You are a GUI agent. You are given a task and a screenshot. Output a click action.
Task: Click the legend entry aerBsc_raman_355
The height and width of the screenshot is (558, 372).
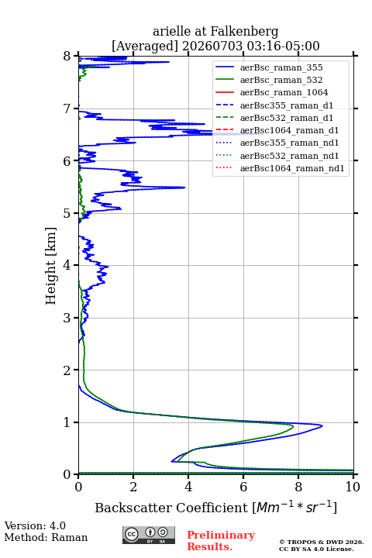click(x=281, y=67)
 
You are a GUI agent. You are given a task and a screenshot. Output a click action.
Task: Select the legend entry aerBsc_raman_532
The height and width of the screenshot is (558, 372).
click(x=281, y=80)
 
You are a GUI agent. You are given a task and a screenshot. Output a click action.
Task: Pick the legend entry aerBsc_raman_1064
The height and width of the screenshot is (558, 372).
click(x=284, y=92)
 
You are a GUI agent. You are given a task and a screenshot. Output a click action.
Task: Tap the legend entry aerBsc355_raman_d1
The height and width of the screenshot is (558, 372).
click(x=287, y=105)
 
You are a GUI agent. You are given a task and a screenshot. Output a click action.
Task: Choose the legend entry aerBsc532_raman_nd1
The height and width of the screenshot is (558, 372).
click(x=289, y=156)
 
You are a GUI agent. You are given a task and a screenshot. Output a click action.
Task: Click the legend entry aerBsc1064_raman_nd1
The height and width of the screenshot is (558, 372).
click(x=292, y=168)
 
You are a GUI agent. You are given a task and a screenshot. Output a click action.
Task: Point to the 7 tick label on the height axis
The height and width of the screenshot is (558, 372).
click(x=67, y=108)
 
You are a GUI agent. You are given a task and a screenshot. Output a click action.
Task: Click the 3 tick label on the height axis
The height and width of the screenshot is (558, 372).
click(x=67, y=318)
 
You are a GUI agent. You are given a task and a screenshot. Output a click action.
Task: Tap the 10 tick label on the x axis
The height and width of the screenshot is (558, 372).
click(x=353, y=487)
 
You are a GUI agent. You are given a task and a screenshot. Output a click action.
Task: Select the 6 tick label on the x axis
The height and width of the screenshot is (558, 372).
click(x=243, y=487)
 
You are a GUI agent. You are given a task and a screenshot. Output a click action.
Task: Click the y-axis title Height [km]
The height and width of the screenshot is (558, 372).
click(x=50, y=266)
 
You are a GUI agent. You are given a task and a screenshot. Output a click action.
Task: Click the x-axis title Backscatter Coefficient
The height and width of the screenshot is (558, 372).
click(x=170, y=508)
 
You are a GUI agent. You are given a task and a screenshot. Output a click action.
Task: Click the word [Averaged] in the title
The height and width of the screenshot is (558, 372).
click(x=144, y=46)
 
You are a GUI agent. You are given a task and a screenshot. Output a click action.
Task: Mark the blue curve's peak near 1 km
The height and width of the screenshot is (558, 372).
click(x=322, y=425)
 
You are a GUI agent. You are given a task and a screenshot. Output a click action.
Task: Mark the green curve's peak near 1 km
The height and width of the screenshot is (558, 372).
click(x=293, y=425)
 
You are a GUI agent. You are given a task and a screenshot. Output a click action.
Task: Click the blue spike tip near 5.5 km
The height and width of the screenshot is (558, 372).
click(x=184, y=188)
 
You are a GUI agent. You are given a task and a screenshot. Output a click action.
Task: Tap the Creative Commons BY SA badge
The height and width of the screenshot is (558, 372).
click(x=149, y=535)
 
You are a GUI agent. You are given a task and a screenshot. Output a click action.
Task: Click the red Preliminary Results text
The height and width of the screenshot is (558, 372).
click(x=221, y=541)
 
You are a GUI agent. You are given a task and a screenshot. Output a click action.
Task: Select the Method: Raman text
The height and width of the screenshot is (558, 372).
click(x=46, y=537)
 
